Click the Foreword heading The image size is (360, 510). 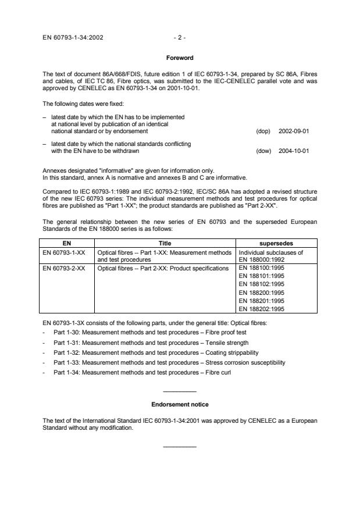(x=180, y=58)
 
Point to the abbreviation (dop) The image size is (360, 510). (x=263, y=131)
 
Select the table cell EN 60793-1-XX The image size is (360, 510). (x=65, y=254)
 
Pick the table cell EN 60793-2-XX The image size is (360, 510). (x=65, y=268)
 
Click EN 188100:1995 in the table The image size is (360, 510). (x=262, y=268)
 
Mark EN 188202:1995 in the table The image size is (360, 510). (x=262, y=309)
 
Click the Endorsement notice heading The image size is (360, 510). (x=180, y=404)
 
